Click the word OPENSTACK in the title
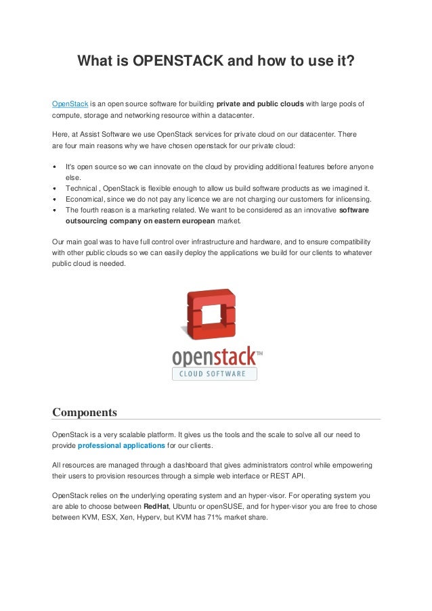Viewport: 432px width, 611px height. pyautogui.click(x=178, y=62)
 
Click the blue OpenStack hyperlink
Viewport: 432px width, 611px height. pyautogui.click(x=70, y=104)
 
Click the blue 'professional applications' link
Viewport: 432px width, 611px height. pyautogui.click(x=121, y=445)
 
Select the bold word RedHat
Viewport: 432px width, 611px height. pyautogui.click(x=156, y=506)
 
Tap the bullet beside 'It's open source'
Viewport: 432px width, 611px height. pyautogui.click(x=55, y=166)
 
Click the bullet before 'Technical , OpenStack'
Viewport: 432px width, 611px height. pyautogui.click(x=55, y=188)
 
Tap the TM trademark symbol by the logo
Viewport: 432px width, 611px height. pyautogui.click(x=259, y=353)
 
